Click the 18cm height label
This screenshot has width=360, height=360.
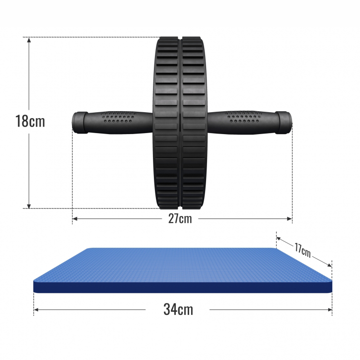click(29, 121)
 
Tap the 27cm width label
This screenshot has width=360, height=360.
click(179, 218)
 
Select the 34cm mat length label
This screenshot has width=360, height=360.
click(178, 309)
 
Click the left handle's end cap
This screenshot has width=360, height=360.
click(79, 122)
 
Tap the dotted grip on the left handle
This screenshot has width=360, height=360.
click(119, 119)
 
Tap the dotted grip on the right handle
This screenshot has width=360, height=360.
click(243, 119)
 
